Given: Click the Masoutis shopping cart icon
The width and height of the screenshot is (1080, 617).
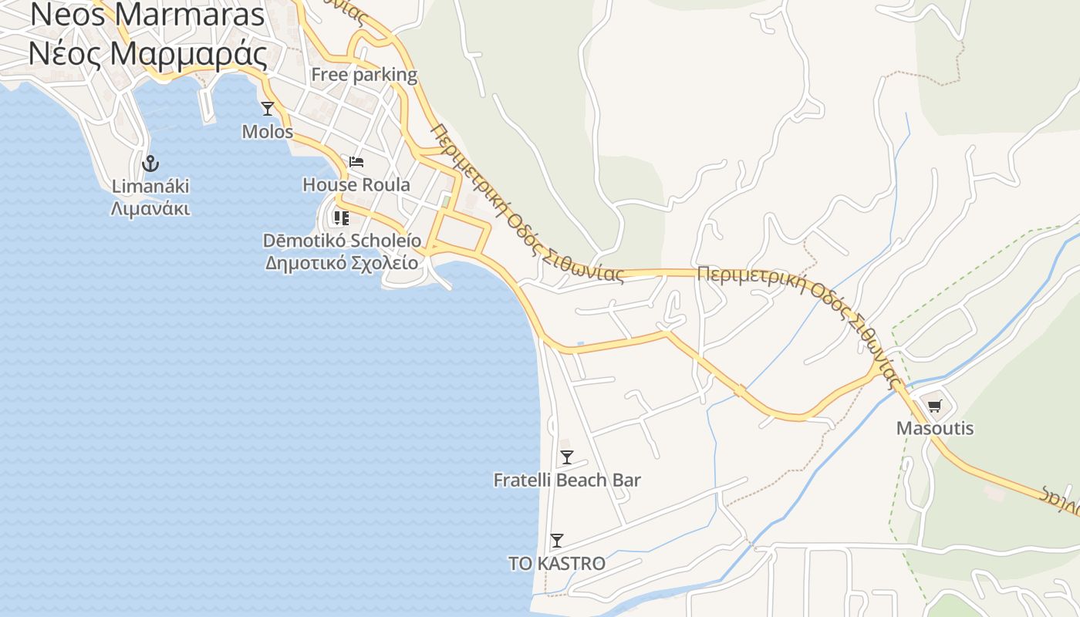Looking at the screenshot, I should click(x=935, y=406).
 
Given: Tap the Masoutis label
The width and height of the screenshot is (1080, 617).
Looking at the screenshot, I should click(x=935, y=428).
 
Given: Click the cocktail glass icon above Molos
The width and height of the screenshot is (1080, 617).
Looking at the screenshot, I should click(x=268, y=109).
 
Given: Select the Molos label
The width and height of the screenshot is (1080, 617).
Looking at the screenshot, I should click(x=268, y=132).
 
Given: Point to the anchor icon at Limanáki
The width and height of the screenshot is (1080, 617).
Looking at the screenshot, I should click(x=150, y=163).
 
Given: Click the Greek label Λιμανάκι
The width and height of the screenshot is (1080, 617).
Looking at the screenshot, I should click(x=150, y=209).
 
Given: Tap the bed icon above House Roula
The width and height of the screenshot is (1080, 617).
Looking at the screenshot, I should click(x=356, y=162).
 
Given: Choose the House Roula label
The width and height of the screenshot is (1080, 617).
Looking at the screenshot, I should click(x=356, y=185).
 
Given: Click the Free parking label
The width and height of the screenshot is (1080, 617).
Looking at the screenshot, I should click(x=364, y=75).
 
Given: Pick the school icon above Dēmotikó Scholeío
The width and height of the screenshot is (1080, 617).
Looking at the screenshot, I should click(x=341, y=218).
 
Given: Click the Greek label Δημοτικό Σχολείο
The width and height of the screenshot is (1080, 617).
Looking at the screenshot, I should click(x=342, y=263).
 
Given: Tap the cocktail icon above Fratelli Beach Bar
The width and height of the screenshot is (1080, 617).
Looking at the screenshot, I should click(x=567, y=457).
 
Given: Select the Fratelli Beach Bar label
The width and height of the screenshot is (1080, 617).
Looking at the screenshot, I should click(x=567, y=480).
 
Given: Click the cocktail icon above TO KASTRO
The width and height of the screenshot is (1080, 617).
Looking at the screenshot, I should click(x=557, y=541).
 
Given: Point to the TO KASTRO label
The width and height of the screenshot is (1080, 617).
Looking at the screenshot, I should click(x=557, y=564).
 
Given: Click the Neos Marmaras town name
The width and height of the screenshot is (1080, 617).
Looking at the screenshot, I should click(x=147, y=15).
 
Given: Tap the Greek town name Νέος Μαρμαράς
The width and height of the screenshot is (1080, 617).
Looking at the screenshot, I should click(x=148, y=54).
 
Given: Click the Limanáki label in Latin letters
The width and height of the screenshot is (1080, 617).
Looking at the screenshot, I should click(x=150, y=187).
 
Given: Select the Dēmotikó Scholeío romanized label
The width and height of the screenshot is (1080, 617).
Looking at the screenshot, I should click(x=343, y=241).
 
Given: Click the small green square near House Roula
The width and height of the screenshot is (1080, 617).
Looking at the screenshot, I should click(x=446, y=202).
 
